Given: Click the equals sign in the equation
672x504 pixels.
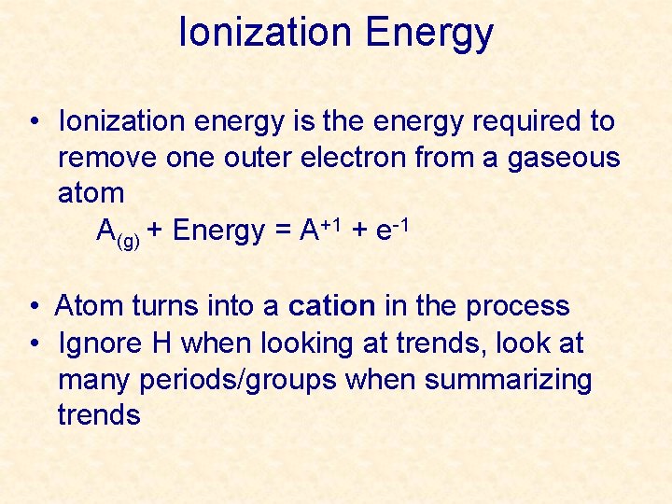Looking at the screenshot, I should tap(282, 231).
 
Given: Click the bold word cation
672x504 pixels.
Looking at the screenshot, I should tap(331, 306).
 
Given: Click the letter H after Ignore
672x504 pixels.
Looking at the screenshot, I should tap(160, 343).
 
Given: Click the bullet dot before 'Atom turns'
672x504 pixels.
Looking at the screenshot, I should tap(33, 307).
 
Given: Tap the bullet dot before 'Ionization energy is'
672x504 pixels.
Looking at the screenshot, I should tap(33, 122).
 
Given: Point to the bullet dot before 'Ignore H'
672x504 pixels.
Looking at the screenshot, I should tap(33, 344).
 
